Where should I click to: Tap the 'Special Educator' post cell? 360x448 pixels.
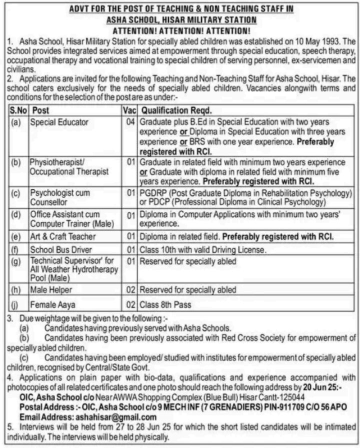[59, 122]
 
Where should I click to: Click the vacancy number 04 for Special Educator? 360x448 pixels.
[131, 122]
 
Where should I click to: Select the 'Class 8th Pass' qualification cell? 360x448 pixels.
[165, 303]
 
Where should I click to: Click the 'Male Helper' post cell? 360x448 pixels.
[51, 289]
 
